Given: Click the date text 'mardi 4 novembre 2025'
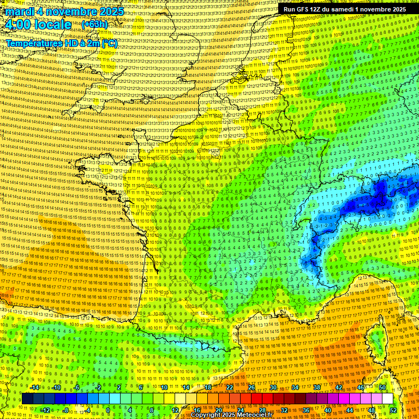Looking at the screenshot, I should [x=64, y=11].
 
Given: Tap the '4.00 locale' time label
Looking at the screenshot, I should [x=37, y=25].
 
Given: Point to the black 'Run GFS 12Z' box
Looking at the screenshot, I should [x=345, y=9].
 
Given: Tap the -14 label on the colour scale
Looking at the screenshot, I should [x=34, y=387].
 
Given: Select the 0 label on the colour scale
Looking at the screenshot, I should [x=108, y=410].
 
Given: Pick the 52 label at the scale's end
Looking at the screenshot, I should [x=393, y=410].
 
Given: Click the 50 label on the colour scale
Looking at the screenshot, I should [x=382, y=387].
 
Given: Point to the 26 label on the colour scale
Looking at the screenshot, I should [x=252, y=387].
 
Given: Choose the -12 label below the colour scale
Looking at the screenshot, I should [x=46, y=410].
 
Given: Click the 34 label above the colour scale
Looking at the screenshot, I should [x=295, y=387].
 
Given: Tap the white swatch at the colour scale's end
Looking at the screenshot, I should [x=387, y=399].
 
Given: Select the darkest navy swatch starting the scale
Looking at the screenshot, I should [x=27, y=399].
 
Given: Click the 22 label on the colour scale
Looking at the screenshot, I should [x=230, y=387].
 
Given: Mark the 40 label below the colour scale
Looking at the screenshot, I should [x=328, y=410].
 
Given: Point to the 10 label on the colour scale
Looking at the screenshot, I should [x=164, y=387].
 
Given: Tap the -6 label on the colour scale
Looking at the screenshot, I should [x=78, y=387].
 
